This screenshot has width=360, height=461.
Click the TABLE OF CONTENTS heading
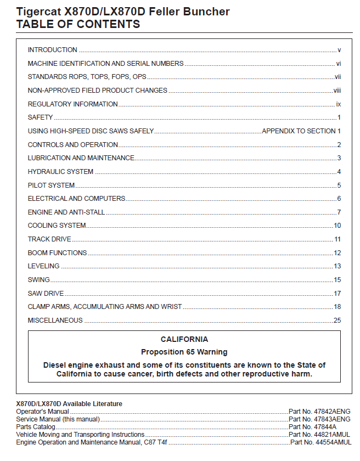tap(78, 24)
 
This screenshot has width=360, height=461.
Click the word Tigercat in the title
tap(38, 12)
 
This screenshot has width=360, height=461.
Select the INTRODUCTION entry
tap(53, 50)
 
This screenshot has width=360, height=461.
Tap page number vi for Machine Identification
tap(339, 64)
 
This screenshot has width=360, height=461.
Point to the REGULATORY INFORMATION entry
tap(72, 104)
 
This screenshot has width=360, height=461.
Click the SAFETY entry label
tap(41, 117)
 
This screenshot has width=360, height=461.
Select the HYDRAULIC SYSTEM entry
tap(60, 172)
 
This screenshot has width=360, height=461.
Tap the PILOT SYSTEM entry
tap(51, 185)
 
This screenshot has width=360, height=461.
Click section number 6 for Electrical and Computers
tap(339, 199)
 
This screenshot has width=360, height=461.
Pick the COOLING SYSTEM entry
tap(57, 226)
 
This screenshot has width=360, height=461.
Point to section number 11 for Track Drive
tap(337, 239)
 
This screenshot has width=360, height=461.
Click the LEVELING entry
tap(44, 266)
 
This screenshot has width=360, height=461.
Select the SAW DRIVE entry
tap(46, 294)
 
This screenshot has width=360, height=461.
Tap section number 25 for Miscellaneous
tap(337, 321)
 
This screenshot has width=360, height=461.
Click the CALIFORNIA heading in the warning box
tap(184, 340)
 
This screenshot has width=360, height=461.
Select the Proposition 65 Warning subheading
tap(184, 352)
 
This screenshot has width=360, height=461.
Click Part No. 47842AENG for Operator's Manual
tap(319, 412)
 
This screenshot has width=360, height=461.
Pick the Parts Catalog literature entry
tap(36, 427)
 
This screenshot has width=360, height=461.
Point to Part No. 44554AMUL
tap(320, 442)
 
